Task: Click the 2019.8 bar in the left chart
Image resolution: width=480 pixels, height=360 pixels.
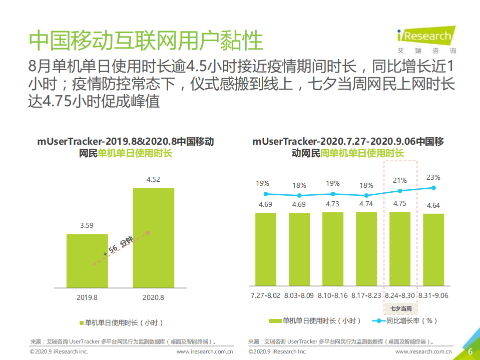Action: coord(87,260)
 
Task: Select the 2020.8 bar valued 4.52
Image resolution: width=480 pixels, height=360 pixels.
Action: coord(153,237)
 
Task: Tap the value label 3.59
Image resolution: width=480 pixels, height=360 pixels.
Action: coord(87,225)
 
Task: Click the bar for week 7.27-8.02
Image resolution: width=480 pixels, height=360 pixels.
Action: coord(266,249)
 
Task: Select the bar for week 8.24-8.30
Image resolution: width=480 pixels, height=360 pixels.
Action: coord(400,249)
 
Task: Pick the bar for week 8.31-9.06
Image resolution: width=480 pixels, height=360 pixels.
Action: coord(433,250)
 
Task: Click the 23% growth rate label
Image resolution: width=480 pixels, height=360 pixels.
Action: coord(433,177)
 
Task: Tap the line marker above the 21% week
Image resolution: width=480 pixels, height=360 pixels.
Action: coord(400,191)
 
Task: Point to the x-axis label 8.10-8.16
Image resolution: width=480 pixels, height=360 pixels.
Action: coord(333,295)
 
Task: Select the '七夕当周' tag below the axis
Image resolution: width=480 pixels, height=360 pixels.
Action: coord(400,308)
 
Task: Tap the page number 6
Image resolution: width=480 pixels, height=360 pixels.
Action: coord(470,351)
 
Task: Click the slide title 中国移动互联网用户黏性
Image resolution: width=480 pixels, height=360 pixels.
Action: coord(146,41)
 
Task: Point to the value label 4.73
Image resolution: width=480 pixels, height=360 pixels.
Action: coord(332,204)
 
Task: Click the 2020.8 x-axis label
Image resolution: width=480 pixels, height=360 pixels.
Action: coord(153,297)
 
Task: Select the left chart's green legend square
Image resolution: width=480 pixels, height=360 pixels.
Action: coord(81,322)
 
